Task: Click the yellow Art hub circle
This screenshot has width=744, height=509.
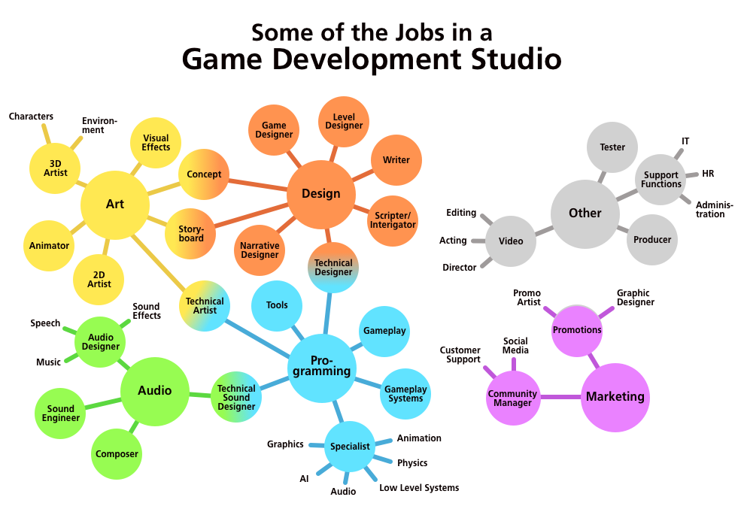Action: [x=114, y=205]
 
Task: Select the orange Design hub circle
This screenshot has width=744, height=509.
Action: [x=320, y=194]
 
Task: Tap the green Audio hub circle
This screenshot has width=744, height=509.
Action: [x=154, y=391]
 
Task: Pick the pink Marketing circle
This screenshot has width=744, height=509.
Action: [x=615, y=397]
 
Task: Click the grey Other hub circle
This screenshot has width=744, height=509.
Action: [x=585, y=214]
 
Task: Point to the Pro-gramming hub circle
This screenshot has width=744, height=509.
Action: [x=321, y=367]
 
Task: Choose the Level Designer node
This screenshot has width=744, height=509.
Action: [x=344, y=121]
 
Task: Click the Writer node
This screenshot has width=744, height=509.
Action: [x=396, y=160]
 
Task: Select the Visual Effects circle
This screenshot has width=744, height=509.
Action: [x=156, y=143]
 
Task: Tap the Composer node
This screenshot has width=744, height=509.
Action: [x=117, y=454]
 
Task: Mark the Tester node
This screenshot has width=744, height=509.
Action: [x=612, y=147]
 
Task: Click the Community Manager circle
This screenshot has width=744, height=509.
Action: [x=513, y=398]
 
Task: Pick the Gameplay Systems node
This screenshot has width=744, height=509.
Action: [x=405, y=394]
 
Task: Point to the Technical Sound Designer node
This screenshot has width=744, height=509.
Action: [x=236, y=397]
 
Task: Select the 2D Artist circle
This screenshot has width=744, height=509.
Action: [x=99, y=280]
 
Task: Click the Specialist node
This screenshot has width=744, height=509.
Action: [x=350, y=447]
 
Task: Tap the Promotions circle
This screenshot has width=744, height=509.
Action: [x=577, y=330]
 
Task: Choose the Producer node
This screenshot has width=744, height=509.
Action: [x=651, y=240]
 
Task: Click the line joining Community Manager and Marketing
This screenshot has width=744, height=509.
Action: [x=560, y=397]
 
